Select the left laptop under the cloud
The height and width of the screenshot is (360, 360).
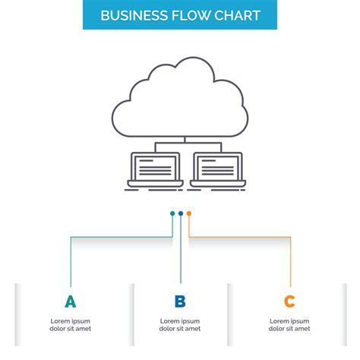[x=153, y=169]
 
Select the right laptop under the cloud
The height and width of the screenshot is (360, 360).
[x=217, y=169]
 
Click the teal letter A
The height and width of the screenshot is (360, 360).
[x=71, y=302]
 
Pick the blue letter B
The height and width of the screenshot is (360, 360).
[x=180, y=302]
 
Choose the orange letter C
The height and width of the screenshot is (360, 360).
[x=289, y=302]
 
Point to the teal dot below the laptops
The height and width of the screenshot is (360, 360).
[x=172, y=213]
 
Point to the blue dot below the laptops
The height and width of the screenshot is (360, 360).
[x=181, y=213]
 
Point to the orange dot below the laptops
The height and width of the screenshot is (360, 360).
[x=189, y=213]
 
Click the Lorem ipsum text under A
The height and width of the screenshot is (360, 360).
[x=71, y=324]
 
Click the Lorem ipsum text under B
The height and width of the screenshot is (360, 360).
[x=180, y=324]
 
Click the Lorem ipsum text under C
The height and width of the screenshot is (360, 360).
[x=289, y=324]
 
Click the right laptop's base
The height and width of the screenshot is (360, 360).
[x=217, y=183]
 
